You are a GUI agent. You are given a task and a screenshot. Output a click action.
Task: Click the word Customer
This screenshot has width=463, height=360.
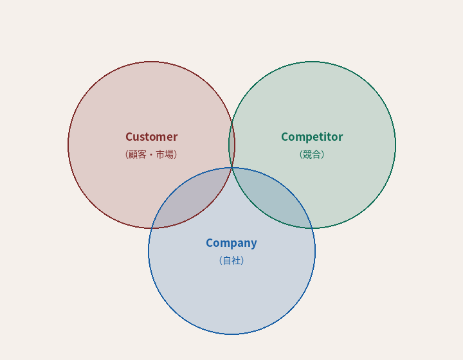click(151, 137)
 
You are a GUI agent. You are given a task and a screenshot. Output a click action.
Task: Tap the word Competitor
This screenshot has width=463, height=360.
click(312, 137)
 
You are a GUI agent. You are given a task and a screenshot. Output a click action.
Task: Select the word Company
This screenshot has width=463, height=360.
click(232, 243)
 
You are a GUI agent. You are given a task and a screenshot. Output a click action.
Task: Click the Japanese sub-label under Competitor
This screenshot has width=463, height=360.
click(312, 154)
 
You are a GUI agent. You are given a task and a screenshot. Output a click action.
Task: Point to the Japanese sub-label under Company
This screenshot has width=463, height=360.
click(232, 260)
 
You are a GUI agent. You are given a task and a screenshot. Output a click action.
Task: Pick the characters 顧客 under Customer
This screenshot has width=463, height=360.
click(138, 154)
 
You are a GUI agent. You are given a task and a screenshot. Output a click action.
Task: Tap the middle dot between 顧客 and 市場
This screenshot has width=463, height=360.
click(152, 154)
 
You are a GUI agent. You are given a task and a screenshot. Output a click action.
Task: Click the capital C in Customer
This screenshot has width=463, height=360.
click(129, 137)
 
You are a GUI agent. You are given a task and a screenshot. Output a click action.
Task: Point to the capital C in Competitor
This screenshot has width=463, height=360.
click(285, 137)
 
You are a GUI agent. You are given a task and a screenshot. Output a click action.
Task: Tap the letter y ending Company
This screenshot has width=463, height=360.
click(254, 244)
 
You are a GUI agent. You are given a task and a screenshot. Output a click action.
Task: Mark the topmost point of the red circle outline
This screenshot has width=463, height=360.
click(151, 62)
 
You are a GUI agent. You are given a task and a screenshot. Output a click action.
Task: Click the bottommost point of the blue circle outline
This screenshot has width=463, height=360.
click(232, 334)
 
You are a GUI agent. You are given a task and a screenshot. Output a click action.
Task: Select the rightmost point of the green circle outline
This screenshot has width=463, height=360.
click(395, 145)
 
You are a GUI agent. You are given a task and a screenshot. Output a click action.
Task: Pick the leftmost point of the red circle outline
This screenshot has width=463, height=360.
click(68, 145)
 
